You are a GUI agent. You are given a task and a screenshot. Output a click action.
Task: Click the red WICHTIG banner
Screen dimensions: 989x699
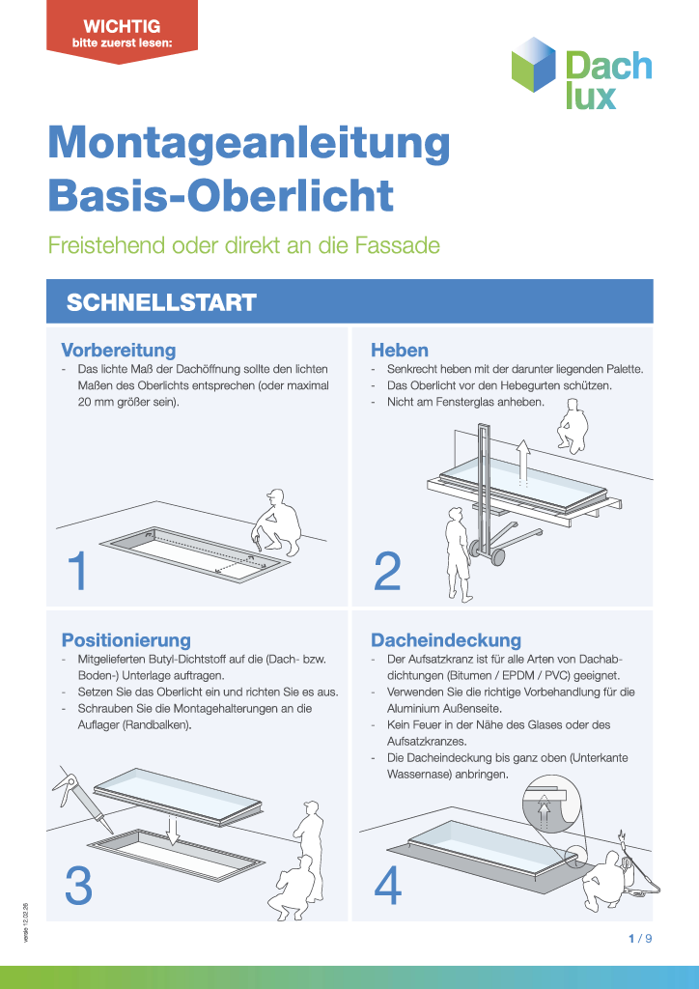tap(122, 31)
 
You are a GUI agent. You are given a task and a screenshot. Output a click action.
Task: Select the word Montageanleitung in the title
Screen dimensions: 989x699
tap(249, 143)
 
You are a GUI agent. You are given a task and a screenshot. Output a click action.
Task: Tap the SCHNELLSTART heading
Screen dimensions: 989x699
tap(160, 302)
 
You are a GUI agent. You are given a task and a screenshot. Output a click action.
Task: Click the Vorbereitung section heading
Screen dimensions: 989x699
tap(118, 350)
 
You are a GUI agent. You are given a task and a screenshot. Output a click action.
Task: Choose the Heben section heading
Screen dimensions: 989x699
tap(400, 350)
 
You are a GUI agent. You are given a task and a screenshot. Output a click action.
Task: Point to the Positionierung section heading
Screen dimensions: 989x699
tap(126, 639)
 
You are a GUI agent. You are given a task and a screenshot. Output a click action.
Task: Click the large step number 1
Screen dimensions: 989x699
tap(78, 573)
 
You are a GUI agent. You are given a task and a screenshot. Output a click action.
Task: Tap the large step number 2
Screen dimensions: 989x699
tap(386, 573)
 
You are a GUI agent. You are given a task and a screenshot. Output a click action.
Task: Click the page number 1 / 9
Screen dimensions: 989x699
tap(640, 938)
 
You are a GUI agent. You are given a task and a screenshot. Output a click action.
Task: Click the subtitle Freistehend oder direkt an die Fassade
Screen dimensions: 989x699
tap(243, 245)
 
